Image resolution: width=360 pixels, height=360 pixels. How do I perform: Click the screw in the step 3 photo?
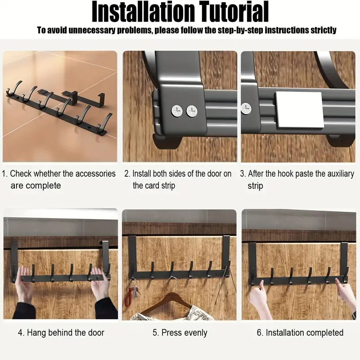[x=246, y=108]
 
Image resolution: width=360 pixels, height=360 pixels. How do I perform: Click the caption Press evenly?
[x=179, y=333]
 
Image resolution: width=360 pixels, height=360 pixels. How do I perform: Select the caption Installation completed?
[x=300, y=333]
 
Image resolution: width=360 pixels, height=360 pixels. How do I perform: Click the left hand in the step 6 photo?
[x=259, y=297]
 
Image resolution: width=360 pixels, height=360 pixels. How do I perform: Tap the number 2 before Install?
[x=126, y=174]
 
